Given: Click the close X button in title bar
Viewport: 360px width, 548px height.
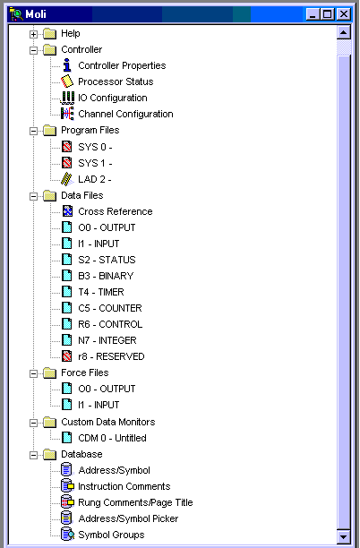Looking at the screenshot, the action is tap(344, 14).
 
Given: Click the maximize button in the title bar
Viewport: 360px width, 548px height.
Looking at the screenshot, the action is tap(328, 14).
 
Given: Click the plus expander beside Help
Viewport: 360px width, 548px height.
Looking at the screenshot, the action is tap(33, 34).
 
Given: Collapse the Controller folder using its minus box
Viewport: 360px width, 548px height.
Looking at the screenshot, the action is tap(33, 50).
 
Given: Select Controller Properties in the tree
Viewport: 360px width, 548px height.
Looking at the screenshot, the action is tap(122, 65).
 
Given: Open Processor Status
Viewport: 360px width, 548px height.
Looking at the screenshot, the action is tap(116, 81).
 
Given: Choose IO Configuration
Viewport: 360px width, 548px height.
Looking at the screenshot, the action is tap(112, 98).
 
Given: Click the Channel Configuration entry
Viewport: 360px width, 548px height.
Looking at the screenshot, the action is tap(125, 114).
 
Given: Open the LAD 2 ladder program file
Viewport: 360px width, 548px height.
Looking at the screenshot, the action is tap(95, 179).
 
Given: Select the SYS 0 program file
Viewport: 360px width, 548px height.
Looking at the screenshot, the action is tap(95, 147).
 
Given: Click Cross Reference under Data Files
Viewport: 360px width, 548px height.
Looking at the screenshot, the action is tap(115, 211).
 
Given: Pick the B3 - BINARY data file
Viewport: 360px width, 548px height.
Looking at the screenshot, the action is tap(106, 276).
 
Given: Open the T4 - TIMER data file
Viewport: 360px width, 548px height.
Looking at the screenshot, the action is tap(101, 292).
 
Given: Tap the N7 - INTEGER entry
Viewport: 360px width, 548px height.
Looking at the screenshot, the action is tap(107, 340).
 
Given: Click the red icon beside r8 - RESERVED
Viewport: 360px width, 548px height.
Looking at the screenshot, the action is tap(67, 356).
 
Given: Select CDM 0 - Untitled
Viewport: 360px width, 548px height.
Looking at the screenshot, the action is tap(112, 438).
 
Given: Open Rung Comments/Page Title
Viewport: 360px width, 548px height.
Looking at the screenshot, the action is tap(135, 502).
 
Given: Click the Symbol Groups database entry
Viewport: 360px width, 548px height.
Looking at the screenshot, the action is tap(111, 535).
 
